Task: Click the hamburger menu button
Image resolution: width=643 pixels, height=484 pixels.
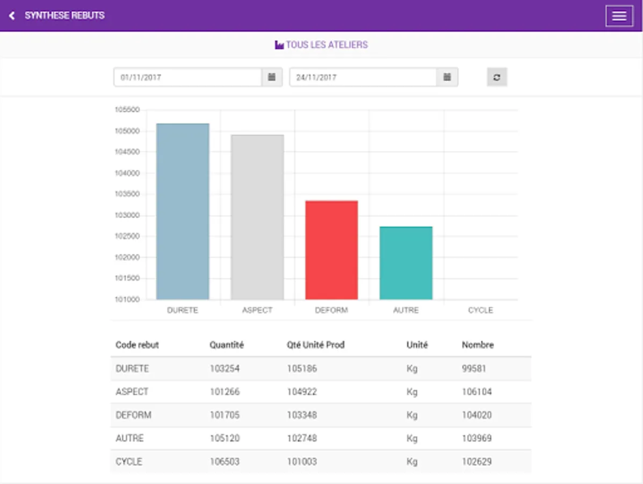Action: [x=619, y=16]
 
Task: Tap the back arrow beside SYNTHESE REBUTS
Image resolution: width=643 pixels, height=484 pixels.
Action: [x=12, y=16]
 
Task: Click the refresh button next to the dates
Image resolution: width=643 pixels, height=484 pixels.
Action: [x=497, y=77]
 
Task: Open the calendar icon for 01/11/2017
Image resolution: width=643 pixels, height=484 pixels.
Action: [x=272, y=77]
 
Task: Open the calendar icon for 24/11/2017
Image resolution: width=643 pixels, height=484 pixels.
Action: [x=447, y=77]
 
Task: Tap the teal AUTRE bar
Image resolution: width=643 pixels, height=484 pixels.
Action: [x=406, y=263]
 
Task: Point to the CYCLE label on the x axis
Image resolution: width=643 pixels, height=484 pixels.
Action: [x=480, y=310]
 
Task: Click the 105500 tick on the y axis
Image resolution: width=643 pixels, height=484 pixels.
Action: [x=127, y=110]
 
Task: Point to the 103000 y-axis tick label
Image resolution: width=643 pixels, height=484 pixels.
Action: [x=127, y=215]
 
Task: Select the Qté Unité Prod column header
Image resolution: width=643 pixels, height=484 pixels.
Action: [x=315, y=345]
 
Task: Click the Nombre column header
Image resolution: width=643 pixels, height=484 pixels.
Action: [x=478, y=345]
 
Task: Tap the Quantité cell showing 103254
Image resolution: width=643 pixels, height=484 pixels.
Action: [x=225, y=369]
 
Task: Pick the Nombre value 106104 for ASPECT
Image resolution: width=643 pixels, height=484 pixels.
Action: [x=476, y=392]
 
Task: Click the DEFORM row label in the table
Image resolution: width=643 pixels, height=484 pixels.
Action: [x=133, y=415]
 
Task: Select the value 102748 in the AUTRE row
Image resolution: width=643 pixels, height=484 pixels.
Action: [x=302, y=438]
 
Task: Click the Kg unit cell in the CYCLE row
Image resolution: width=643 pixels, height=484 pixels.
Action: [x=412, y=461]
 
